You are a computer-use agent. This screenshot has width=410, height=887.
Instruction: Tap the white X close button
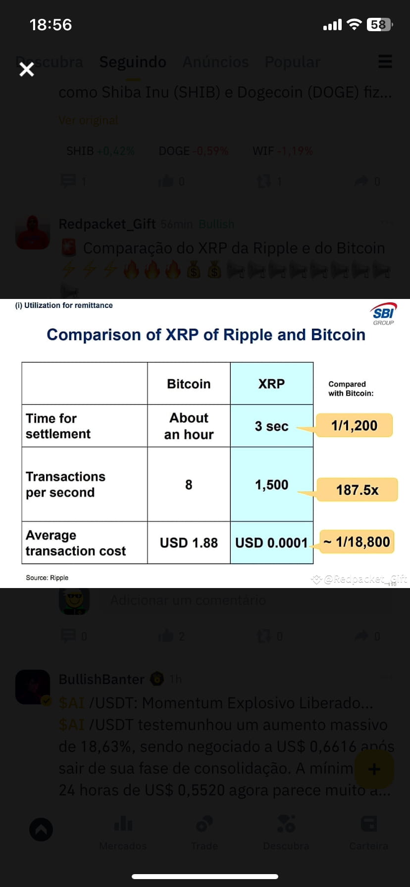26,69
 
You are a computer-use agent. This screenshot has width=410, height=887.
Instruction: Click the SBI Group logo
384,314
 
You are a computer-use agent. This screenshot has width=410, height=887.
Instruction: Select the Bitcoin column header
189,384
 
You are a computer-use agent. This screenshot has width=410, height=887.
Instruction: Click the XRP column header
271,384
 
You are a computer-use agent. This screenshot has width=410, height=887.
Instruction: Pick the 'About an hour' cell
189,426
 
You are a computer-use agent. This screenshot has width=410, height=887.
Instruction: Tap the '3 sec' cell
271,426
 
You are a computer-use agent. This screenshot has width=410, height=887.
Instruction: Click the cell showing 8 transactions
189,485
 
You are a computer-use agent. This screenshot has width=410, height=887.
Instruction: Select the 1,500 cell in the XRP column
271,485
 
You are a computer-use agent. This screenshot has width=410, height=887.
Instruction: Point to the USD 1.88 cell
189,543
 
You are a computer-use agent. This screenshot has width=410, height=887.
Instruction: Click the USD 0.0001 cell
271,543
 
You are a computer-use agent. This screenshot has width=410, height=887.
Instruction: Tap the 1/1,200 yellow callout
354,426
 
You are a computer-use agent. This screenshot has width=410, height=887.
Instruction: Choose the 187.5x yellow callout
357,490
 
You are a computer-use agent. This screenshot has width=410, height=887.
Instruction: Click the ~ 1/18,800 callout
357,542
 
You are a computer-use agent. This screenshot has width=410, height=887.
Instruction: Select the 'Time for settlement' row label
58,426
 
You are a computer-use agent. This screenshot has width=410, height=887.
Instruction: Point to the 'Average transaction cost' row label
75,543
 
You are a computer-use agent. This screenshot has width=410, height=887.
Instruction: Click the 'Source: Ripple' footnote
47,578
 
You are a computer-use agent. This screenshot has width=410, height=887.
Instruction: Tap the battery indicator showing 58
379,24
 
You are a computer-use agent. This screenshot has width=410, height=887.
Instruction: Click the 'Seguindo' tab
133,62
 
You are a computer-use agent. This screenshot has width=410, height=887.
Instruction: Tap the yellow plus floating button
374,769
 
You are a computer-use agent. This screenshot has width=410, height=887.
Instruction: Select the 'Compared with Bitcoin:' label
351,389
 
